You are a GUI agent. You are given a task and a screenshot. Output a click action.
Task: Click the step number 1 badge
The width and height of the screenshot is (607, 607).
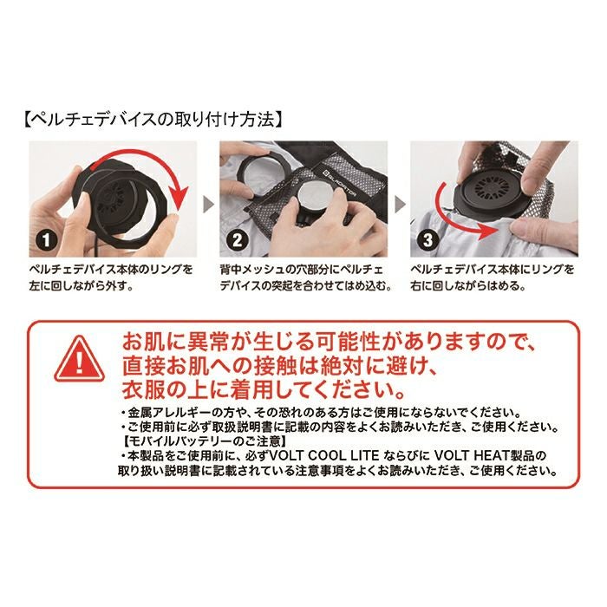tap(47, 240)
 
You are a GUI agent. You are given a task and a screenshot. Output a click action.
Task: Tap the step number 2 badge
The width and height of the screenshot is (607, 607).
tap(237, 240)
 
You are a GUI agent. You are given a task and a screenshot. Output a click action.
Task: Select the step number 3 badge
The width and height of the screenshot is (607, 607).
tap(428, 240)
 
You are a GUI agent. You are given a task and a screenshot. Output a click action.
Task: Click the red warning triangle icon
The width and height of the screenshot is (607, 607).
tap(80, 360)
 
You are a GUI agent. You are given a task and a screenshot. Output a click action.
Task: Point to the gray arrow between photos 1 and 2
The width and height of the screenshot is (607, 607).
tap(208, 204)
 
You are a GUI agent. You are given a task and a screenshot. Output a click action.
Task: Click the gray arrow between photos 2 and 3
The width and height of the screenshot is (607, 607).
tap(399, 204)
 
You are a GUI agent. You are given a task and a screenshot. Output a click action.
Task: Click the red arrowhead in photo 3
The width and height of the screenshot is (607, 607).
tap(491, 232)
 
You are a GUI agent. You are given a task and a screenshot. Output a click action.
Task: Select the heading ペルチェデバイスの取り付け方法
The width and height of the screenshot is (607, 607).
tap(153, 120)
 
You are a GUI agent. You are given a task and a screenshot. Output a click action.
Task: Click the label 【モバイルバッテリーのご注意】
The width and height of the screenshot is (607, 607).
tap(205, 441)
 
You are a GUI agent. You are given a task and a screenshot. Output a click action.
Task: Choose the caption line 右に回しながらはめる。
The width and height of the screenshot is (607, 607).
tap(468, 286)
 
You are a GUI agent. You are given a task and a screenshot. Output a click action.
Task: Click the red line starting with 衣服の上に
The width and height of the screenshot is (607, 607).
tap(264, 390)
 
